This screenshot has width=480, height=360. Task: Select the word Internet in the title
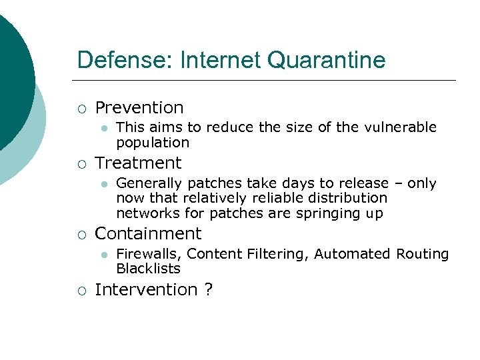(214, 60)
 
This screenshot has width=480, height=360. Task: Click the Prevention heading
(139, 107)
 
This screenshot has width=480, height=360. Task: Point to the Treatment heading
(138, 163)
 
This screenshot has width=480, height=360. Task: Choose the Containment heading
(148, 233)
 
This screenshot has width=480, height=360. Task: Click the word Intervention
(146, 289)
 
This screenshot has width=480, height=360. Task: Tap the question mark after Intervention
(208, 289)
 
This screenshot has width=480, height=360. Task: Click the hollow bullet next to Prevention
(81, 108)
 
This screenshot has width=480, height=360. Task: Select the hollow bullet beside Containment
(81, 234)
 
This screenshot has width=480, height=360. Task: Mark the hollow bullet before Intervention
(81, 290)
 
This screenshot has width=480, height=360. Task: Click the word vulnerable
(405, 127)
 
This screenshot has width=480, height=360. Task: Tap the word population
(153, 143)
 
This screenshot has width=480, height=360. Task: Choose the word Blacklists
(148, 269)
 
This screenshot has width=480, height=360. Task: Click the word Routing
(423, 254)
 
